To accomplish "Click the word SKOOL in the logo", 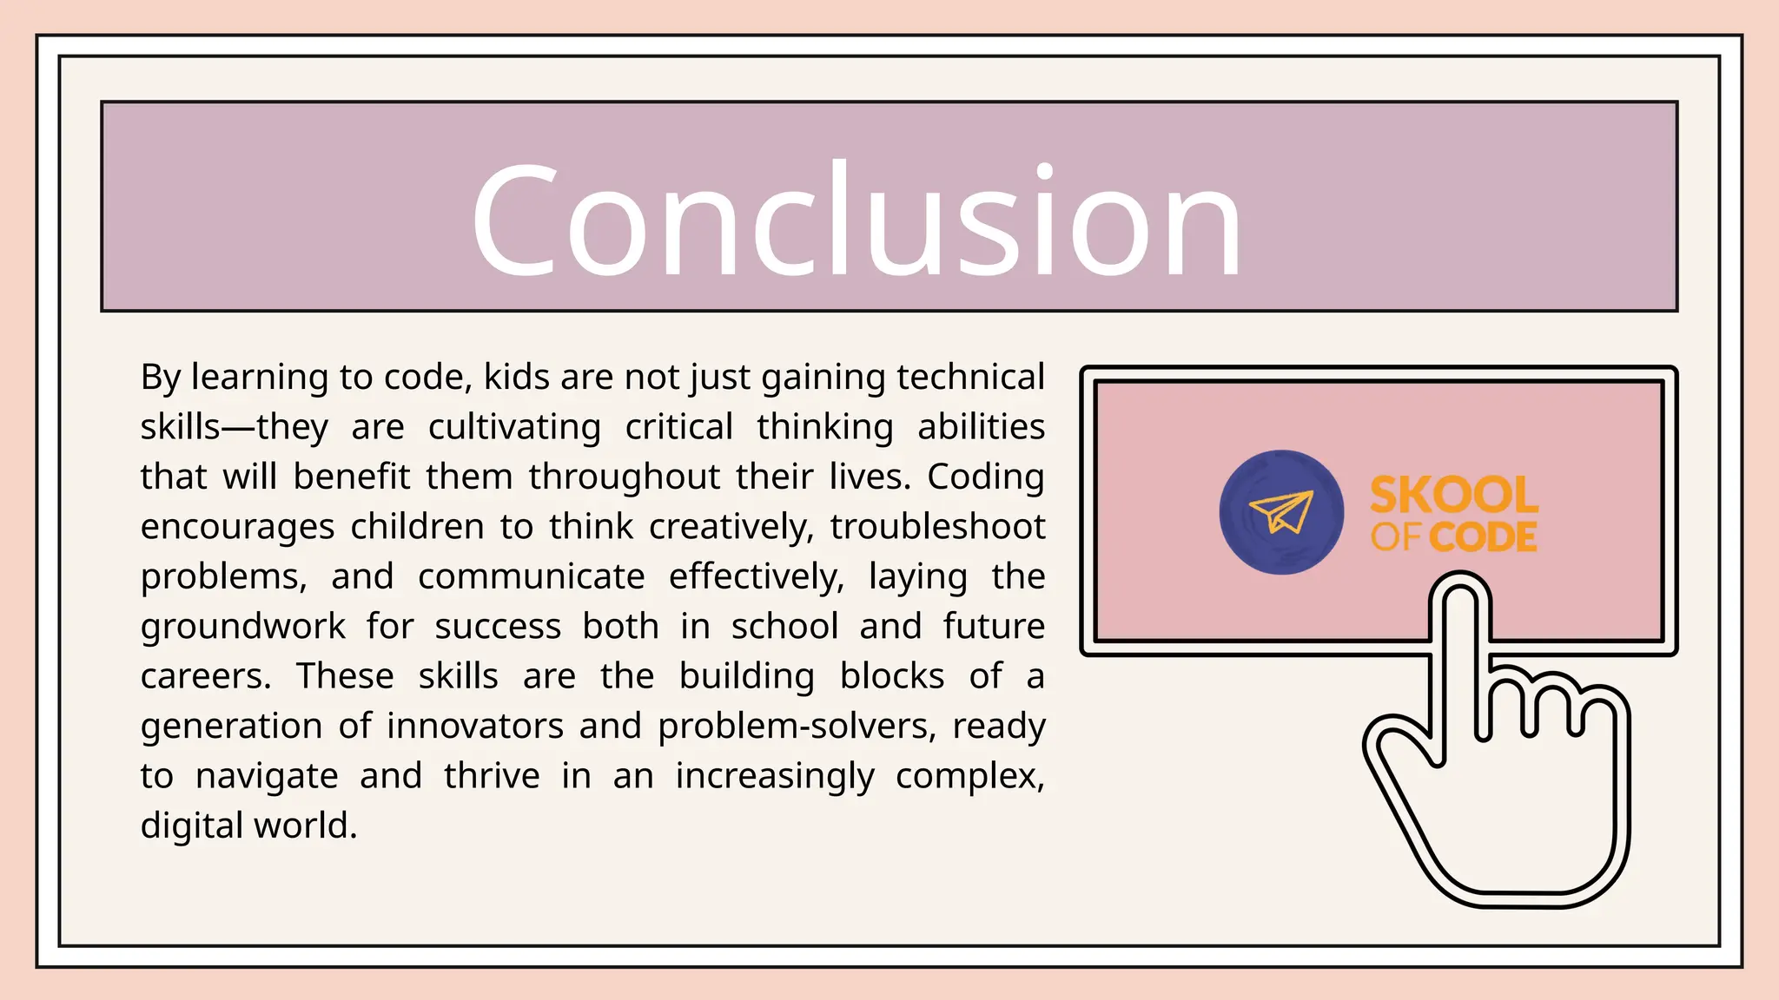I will coord(1453,495).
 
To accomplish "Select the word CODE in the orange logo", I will coord(1483,537).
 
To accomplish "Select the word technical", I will coord(970,378).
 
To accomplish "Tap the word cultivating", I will coord(514,427).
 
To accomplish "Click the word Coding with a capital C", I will coord(985,477).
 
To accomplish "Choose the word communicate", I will coord(531,576).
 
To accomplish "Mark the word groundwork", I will coord(243,627).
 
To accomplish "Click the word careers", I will coord(206,676).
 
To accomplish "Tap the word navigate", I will coord(267,776).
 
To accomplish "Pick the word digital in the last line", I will coord(192,826).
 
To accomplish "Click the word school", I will coord(784,627).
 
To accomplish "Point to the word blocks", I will coord(891,676).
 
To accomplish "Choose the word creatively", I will coord(731,527).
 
